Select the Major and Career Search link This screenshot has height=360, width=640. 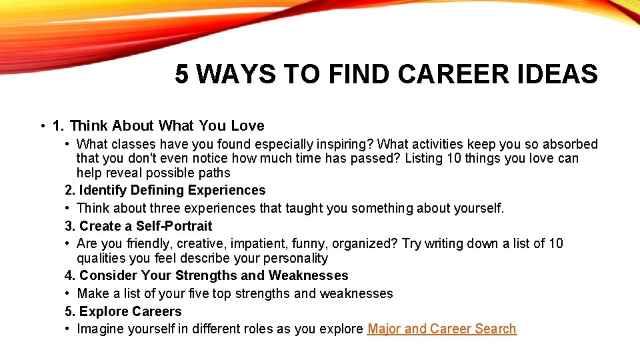click(441, 329)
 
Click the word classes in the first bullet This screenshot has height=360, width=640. click(132, 144)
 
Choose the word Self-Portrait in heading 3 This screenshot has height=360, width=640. click(174, 226)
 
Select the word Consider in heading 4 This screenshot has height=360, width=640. click(105, 276)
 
